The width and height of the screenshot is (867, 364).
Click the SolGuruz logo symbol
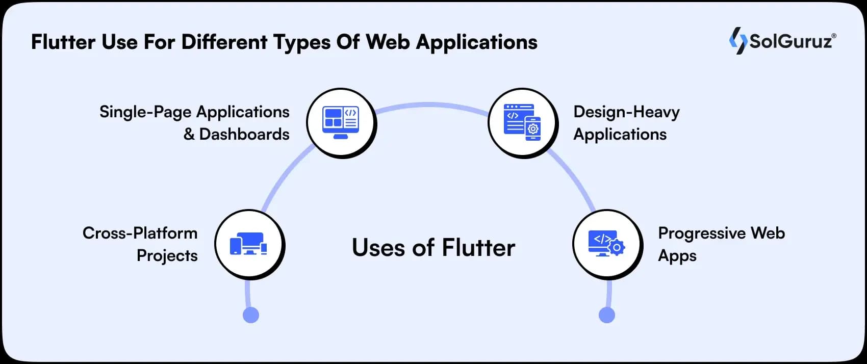tap(737, 41)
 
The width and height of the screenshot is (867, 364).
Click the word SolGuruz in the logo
tap(791, 41)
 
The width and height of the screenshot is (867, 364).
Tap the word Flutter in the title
tap(63, 42)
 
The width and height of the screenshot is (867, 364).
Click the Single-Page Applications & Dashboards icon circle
tap(341, 123)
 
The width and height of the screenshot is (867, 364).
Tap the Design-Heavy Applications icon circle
tap(522, 123)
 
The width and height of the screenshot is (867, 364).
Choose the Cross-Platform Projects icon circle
tap(249, 245)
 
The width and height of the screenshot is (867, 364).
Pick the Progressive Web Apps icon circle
tap(607, 245)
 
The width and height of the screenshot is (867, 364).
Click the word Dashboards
tap(244, 135)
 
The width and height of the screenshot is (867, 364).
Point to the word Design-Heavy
tap(626, 112)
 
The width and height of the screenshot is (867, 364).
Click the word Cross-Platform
tap(140, 233)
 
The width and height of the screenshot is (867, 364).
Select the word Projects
tap(167, 256)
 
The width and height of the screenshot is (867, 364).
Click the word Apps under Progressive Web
tap(677, 256)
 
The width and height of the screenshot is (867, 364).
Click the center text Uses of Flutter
tap(433, 248)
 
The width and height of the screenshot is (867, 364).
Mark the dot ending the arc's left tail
tap(250, 315)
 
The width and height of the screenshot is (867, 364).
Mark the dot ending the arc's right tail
tap(606, 315)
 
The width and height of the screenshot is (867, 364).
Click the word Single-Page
tap(145, 112)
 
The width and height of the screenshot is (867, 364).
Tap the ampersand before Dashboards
tap(189, 135)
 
